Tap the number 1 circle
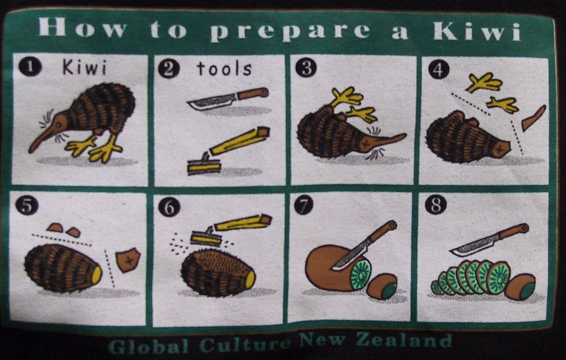[x=30, y=67]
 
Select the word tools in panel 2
[x=224, y=68]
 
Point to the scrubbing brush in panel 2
[x=228, y=150]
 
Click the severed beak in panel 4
[x=533, y=118]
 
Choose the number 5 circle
[x=27, y=206]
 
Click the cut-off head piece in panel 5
[x=128, y=259]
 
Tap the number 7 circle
[x=303, y=205]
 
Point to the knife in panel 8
[x=489, y=239]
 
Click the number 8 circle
[x=436, y=204]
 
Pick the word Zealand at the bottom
[x=404, y=341]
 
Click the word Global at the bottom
[x=148, y=346]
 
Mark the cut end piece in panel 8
[x=520, y=286]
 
